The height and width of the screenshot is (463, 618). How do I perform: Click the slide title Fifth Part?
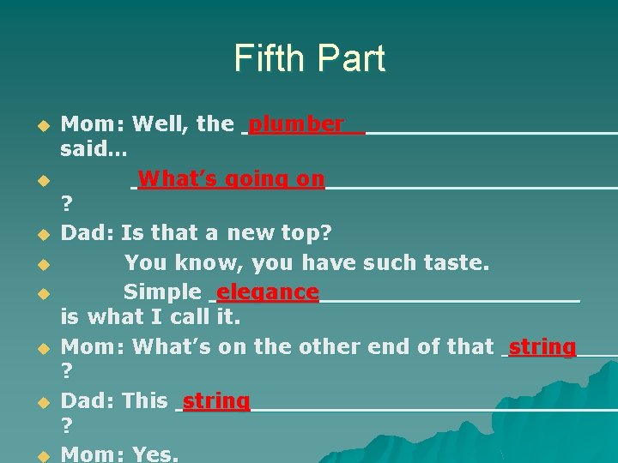tap(309, 58)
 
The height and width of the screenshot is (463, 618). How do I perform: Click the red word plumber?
tap(296, 124)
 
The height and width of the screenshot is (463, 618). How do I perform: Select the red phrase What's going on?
tap(231, 179)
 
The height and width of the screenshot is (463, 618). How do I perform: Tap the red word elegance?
tap(268, 292)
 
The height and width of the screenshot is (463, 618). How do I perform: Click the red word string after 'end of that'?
tap(542, 347)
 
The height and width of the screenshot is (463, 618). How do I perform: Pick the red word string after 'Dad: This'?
tap(216, 400)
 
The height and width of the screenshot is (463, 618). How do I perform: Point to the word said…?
tap(94, 150)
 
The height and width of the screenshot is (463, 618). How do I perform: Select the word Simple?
tap(161, 292)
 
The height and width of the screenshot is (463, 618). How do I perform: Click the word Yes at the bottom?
tap(154, 454)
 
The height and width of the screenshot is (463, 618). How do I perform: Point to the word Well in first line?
tap(161, 124)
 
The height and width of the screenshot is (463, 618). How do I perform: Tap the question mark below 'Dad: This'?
tap(66, 425)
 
